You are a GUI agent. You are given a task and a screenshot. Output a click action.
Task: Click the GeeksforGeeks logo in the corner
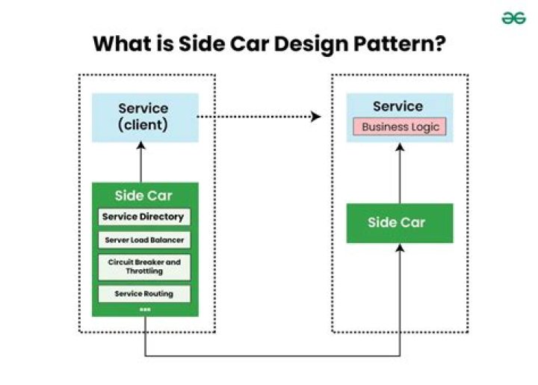pyautogui.click(x=513, y=18)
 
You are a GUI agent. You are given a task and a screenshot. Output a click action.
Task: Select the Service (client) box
pyautogui.click(x=145, y=117)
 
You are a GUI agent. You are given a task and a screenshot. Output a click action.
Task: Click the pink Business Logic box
pyautogui.click(x=400, y=126)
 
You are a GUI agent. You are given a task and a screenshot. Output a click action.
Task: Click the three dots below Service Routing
pyautogui.click(x=144, y=309)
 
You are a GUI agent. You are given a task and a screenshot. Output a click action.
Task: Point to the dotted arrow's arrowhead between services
pyautogui.click(x=316, y=117)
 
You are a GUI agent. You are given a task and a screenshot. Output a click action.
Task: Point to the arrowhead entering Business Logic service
pyautogui.click(x=400, y=147)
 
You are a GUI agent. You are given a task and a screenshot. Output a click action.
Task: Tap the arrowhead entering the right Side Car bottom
pyautogui.click(x=400, y=248)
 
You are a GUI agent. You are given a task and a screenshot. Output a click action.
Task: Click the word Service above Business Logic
pyautogui.click(x=398, y=106)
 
